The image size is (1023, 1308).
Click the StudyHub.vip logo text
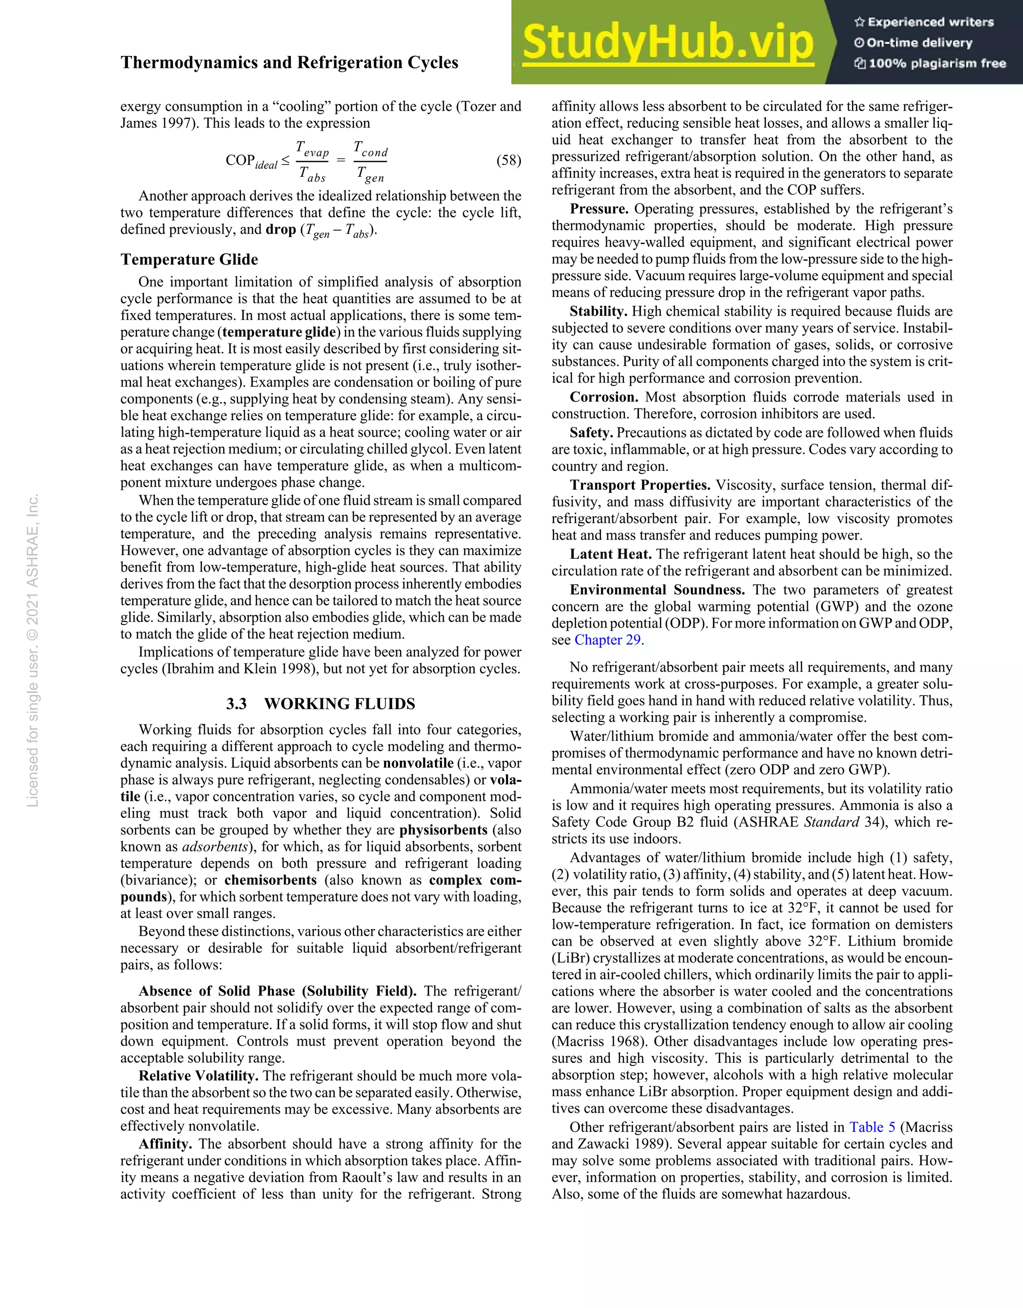tap(667, 43)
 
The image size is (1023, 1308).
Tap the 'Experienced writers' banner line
tap(924, 22)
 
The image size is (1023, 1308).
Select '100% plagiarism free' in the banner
tap(930, 63)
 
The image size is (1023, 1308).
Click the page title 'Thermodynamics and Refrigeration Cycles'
tap(289, 62)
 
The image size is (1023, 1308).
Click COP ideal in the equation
tap(251, 162)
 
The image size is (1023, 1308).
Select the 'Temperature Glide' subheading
tap(189, 259)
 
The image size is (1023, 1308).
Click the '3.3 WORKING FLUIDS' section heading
tap(321, 704)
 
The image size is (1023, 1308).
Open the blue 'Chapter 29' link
tap(608, 640)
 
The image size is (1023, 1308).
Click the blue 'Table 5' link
tap(872, 1127)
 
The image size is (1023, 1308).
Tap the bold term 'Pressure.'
tap(599, 209)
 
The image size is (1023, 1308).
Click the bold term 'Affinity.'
tap(165, 1144)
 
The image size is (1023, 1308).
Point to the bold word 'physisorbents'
tap(443, 830)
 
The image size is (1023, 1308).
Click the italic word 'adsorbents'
tap(214, 847)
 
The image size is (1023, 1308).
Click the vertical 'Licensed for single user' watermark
tap(33, 650)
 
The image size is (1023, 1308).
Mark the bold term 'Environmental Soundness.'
tap(657, 590)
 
